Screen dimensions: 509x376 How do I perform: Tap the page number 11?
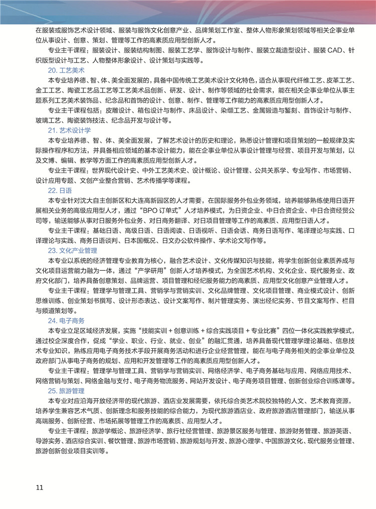click(40, 487)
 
